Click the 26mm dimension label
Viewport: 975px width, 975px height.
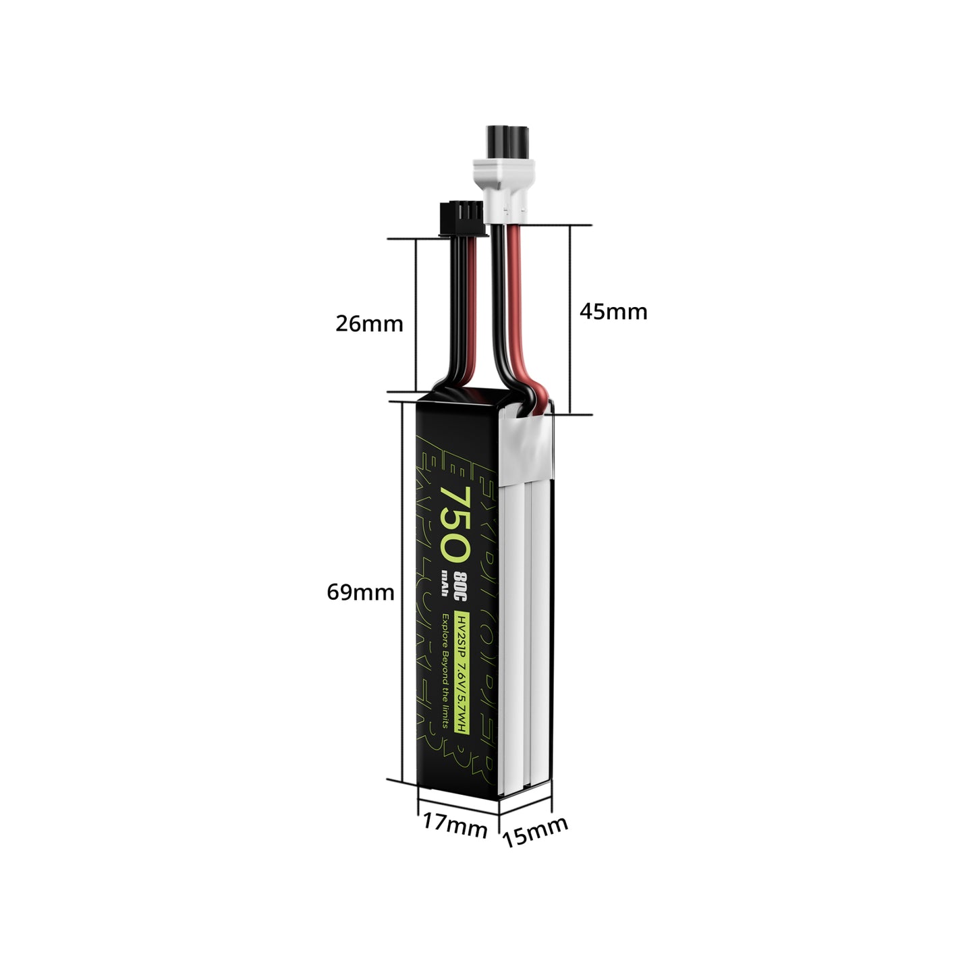point(369,324)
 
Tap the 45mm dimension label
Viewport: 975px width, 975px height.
point(613,312)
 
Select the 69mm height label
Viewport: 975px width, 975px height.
point(360,592)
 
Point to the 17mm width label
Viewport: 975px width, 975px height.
point(455,826)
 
